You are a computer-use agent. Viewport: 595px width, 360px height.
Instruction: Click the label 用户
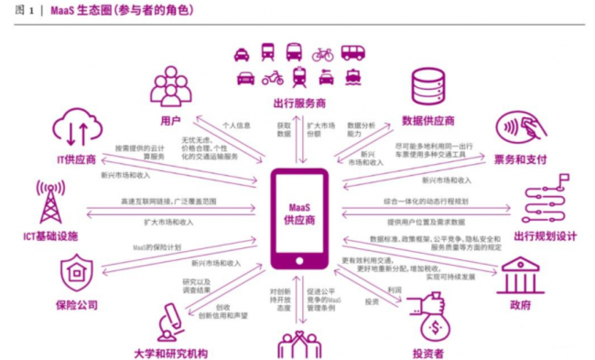click(171, 119)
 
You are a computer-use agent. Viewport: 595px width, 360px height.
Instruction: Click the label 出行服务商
click(299, 102)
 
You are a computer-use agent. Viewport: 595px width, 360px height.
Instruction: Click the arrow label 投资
click(372, 300)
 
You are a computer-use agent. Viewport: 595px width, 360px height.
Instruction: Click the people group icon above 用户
click(173, 86)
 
